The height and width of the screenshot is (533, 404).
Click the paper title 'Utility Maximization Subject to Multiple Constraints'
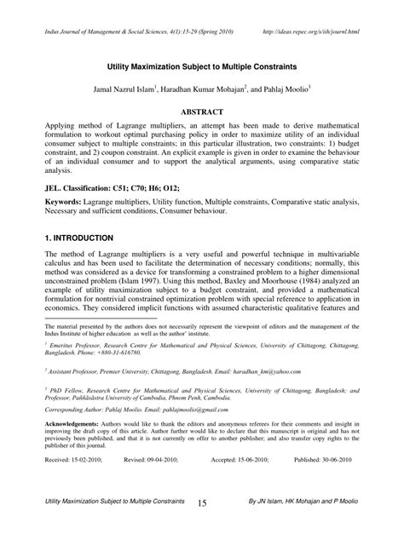tap(201, 63)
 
